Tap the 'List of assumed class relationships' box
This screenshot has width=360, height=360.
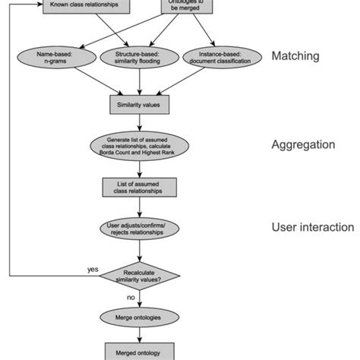138,187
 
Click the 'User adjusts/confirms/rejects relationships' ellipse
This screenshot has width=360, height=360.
138,229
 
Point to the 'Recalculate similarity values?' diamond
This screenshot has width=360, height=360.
138,274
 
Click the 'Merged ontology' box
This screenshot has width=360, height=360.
138,352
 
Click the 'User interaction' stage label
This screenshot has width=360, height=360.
312,227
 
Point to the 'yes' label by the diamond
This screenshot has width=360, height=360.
93,269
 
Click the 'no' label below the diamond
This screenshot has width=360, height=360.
130,297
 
